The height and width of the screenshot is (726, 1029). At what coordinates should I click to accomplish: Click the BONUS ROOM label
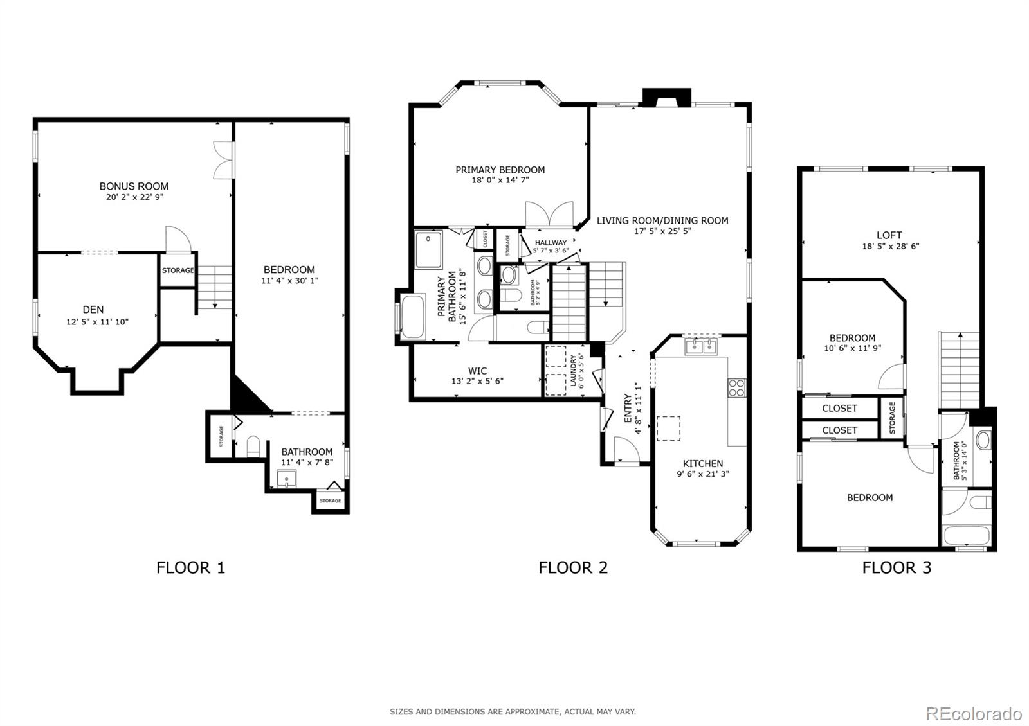[134, 186]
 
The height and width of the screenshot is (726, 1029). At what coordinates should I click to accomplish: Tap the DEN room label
[93, 310]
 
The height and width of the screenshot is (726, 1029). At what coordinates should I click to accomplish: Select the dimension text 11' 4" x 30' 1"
[289, 280]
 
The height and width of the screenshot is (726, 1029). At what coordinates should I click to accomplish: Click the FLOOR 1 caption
[190, 568]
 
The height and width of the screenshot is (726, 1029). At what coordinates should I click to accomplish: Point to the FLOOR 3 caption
[897, 568]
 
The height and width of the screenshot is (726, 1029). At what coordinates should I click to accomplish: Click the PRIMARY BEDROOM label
[500, 170]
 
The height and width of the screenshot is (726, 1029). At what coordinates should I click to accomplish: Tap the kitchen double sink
[702, 346]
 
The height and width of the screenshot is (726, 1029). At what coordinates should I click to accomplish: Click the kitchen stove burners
[736, 388]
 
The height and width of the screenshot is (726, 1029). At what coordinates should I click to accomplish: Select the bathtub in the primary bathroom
[412, 317]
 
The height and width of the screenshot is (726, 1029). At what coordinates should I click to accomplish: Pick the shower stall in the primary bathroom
[428, 249]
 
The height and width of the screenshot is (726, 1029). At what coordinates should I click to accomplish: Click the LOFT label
[889, 235]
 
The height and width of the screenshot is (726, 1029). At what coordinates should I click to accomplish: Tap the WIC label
[478, 371]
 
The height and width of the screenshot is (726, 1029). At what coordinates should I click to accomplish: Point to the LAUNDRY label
[573, 370]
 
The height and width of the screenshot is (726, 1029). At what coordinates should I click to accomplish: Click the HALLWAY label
[551, 243]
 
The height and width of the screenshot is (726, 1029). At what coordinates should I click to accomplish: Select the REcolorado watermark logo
[974, 714]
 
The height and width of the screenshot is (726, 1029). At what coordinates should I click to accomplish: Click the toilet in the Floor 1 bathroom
[253, 447]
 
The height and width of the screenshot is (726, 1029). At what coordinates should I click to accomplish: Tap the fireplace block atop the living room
[666, 98]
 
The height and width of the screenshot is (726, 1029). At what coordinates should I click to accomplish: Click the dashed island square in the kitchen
[668, 429]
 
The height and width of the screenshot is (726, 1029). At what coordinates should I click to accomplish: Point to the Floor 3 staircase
[960, 370]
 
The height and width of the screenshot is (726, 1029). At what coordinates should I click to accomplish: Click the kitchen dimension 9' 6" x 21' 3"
[703, 474]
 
